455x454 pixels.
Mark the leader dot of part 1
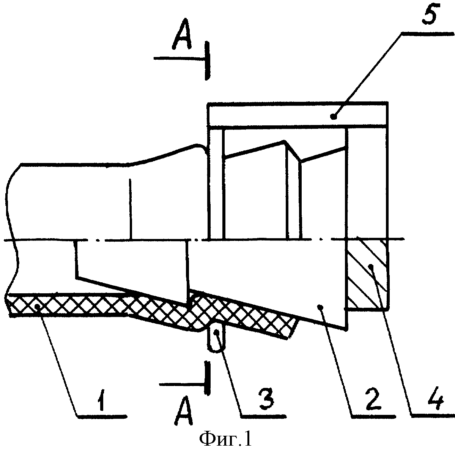click(x=37, y=307)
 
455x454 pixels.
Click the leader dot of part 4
click(x=371, y=265)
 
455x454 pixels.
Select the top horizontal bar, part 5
click(x=298, y=114)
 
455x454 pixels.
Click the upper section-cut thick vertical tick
click(x=206, y=60)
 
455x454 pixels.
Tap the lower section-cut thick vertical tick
click(x=206, y=378)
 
